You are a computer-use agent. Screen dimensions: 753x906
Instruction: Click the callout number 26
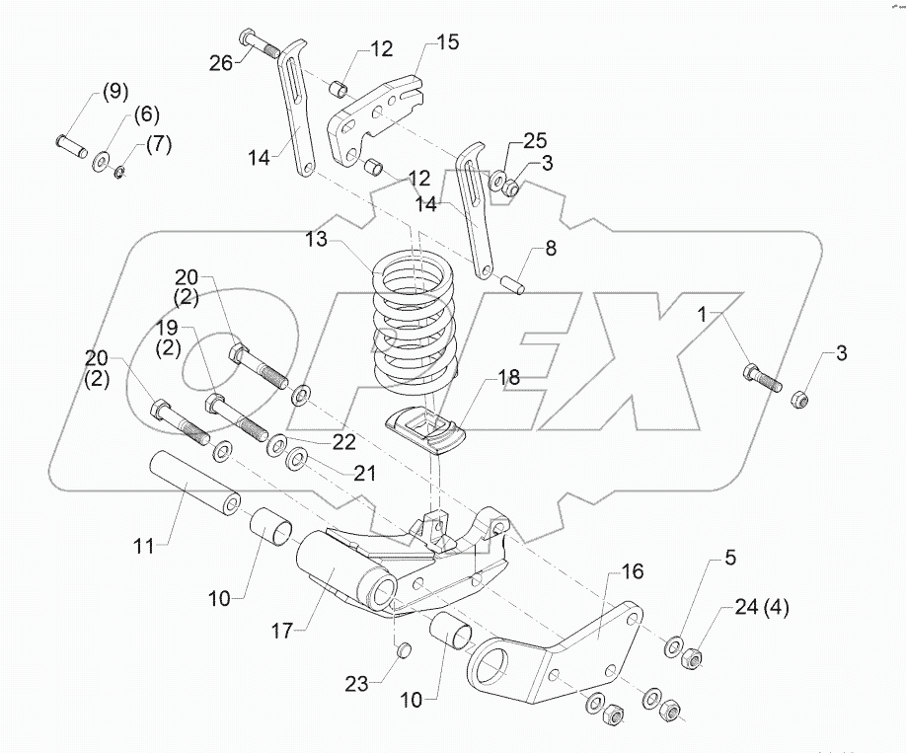pos(221,64)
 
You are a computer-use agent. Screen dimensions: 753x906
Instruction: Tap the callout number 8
pos(551,249)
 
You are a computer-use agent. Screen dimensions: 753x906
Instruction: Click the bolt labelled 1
pos(761,378)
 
